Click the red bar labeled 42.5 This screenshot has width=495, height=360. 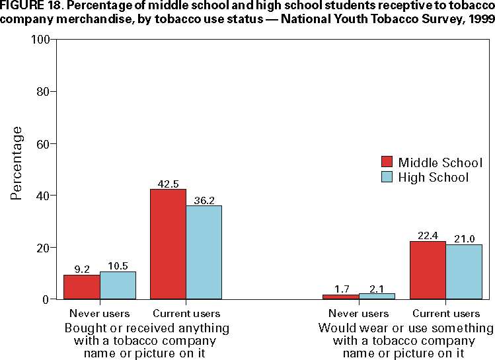(168, 244)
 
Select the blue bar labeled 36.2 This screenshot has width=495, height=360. (204, 252)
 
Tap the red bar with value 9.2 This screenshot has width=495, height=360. (81, 287)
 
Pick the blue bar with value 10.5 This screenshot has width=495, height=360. (118, 285)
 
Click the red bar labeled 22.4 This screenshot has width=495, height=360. (428, 270)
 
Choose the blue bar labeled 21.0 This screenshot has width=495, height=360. (464, 272)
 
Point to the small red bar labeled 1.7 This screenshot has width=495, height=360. (340, 297)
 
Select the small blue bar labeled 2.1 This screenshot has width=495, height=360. (377, 297)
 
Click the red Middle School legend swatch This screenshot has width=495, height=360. (387, 162)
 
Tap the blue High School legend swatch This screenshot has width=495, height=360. (387, 177)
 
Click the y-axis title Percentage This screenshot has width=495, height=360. (17, 163)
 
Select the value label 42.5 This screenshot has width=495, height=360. (168, 184)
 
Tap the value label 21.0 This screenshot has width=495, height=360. (464, 239)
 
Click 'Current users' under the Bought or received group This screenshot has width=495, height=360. (186, 314)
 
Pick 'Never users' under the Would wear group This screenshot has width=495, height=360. (359, 314)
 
